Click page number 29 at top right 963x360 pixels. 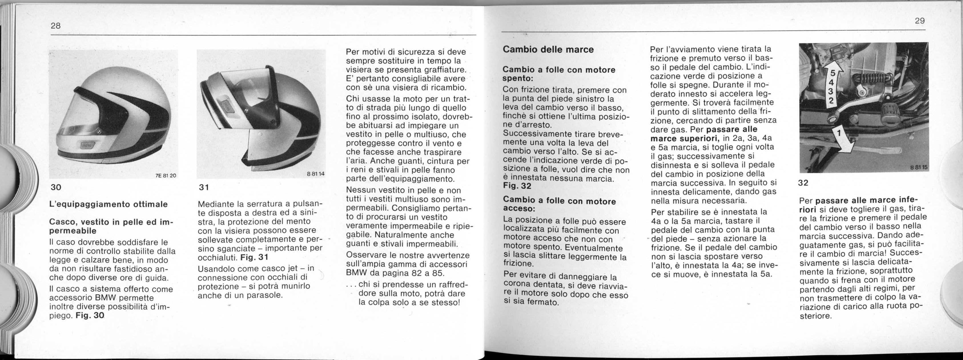pyautogui.click(x=920, y=21)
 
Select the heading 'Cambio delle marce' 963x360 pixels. pyautogui.click(x=548, y=49)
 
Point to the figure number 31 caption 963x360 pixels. pyautogui.click(x=203, y=187)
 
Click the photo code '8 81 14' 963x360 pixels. pyautogui.click(x=315, y=174)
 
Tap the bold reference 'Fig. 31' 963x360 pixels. pyautogui.click(x=254, y=258)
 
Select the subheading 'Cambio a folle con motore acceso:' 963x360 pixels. pyautogui.click(x=559, y=204)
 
